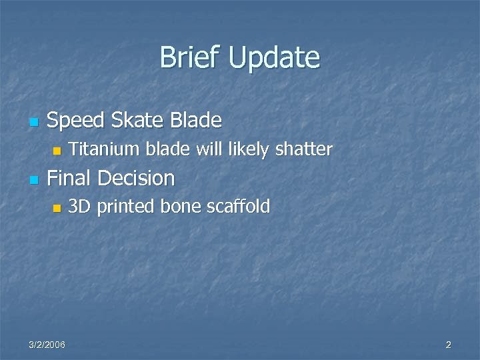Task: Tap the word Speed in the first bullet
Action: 76,121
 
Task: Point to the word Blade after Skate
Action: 196,121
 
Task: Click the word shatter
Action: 303,149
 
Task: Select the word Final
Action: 70,178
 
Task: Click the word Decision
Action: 136,178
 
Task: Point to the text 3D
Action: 80,207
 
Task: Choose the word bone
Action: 182,207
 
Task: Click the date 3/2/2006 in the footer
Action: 47,345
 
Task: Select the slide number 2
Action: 448,345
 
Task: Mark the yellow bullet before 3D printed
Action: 57,208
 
